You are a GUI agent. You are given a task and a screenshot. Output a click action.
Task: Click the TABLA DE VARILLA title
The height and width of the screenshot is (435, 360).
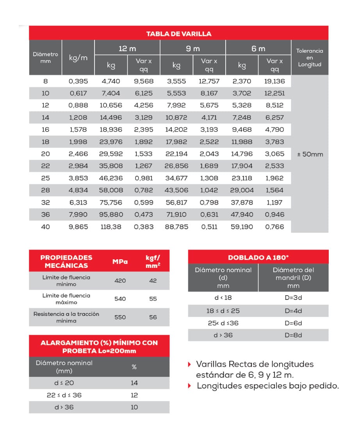pos(179,34)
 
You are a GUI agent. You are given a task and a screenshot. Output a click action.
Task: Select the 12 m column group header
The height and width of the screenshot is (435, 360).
pos(127,48)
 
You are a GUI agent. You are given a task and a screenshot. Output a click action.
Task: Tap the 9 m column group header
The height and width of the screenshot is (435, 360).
pos(193,48)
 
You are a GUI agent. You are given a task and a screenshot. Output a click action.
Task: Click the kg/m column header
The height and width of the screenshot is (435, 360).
pos(78,58)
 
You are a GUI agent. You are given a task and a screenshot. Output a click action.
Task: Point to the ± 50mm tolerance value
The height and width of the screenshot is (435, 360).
pos(310,154)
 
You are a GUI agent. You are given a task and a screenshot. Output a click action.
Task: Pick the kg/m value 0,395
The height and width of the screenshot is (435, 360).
pos(78,81)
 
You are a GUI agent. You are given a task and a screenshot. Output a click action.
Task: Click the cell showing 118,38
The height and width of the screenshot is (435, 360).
pos(112,227)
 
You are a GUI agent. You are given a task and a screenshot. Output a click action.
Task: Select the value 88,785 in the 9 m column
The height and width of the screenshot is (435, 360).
pos(176,227)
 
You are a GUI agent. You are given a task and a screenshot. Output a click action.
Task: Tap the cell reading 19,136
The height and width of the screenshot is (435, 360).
pos(275,81)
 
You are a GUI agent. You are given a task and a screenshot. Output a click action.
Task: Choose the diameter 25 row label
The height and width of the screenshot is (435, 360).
pos(45,178)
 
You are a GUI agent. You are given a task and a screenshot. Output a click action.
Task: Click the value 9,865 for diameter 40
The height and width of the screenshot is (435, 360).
pos(78,227)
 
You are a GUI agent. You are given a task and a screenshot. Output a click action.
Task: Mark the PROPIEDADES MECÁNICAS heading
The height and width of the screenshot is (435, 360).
pos(66,262)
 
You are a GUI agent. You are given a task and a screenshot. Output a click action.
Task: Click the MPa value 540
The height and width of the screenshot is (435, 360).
pos(120,299)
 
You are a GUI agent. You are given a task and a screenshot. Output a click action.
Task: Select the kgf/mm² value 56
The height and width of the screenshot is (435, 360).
pos(153,317)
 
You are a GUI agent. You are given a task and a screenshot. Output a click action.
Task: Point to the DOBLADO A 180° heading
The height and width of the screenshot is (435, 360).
pos(258,258)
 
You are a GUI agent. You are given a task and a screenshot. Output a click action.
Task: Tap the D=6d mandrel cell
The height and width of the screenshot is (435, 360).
pos(293,323)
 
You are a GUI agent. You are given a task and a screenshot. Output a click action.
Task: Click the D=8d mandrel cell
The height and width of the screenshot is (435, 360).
pos(293,335)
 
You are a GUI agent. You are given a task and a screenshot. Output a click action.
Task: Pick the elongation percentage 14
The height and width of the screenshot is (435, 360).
pos(134,383)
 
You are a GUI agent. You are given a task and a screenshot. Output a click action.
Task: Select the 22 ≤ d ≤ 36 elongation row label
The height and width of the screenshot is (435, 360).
pos(64,395)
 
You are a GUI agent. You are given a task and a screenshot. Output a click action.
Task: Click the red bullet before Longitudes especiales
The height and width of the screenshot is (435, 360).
pos(190,386)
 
